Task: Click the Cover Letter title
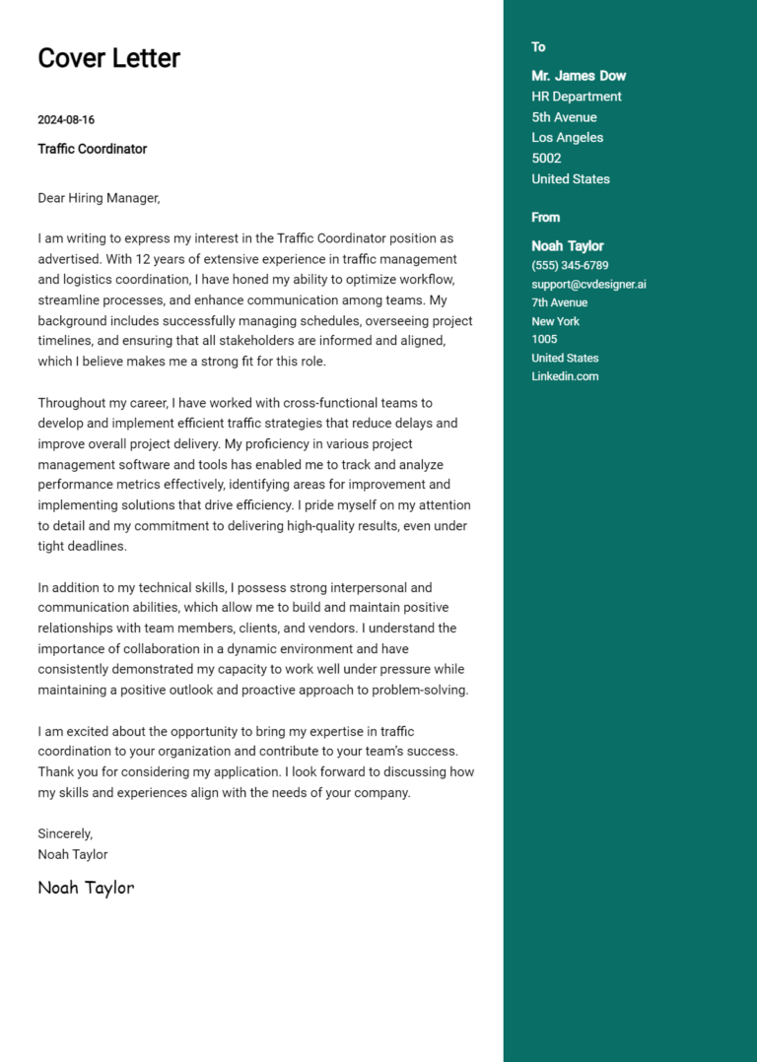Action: (108, 58)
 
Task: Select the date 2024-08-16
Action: (66, 120)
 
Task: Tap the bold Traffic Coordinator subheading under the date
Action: (92, 149)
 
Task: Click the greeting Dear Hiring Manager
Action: (98, 198)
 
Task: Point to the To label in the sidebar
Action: (538, 47)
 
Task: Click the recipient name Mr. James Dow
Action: (579, 76)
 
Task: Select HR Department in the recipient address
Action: (577, 97)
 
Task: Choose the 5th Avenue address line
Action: (564, 117)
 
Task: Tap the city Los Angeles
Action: (567, 138)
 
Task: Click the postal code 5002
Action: (546, 159)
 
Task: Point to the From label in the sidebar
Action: (545, 218)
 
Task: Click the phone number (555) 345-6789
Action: (570, 266)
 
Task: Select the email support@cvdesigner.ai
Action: (588, 285)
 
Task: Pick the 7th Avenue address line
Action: (559, 302)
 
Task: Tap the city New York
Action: (555, 321)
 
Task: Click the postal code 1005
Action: (544, 339)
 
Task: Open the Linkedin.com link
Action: (565, 376)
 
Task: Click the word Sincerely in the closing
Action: (65, 833)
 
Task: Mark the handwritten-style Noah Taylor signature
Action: (86, 888)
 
